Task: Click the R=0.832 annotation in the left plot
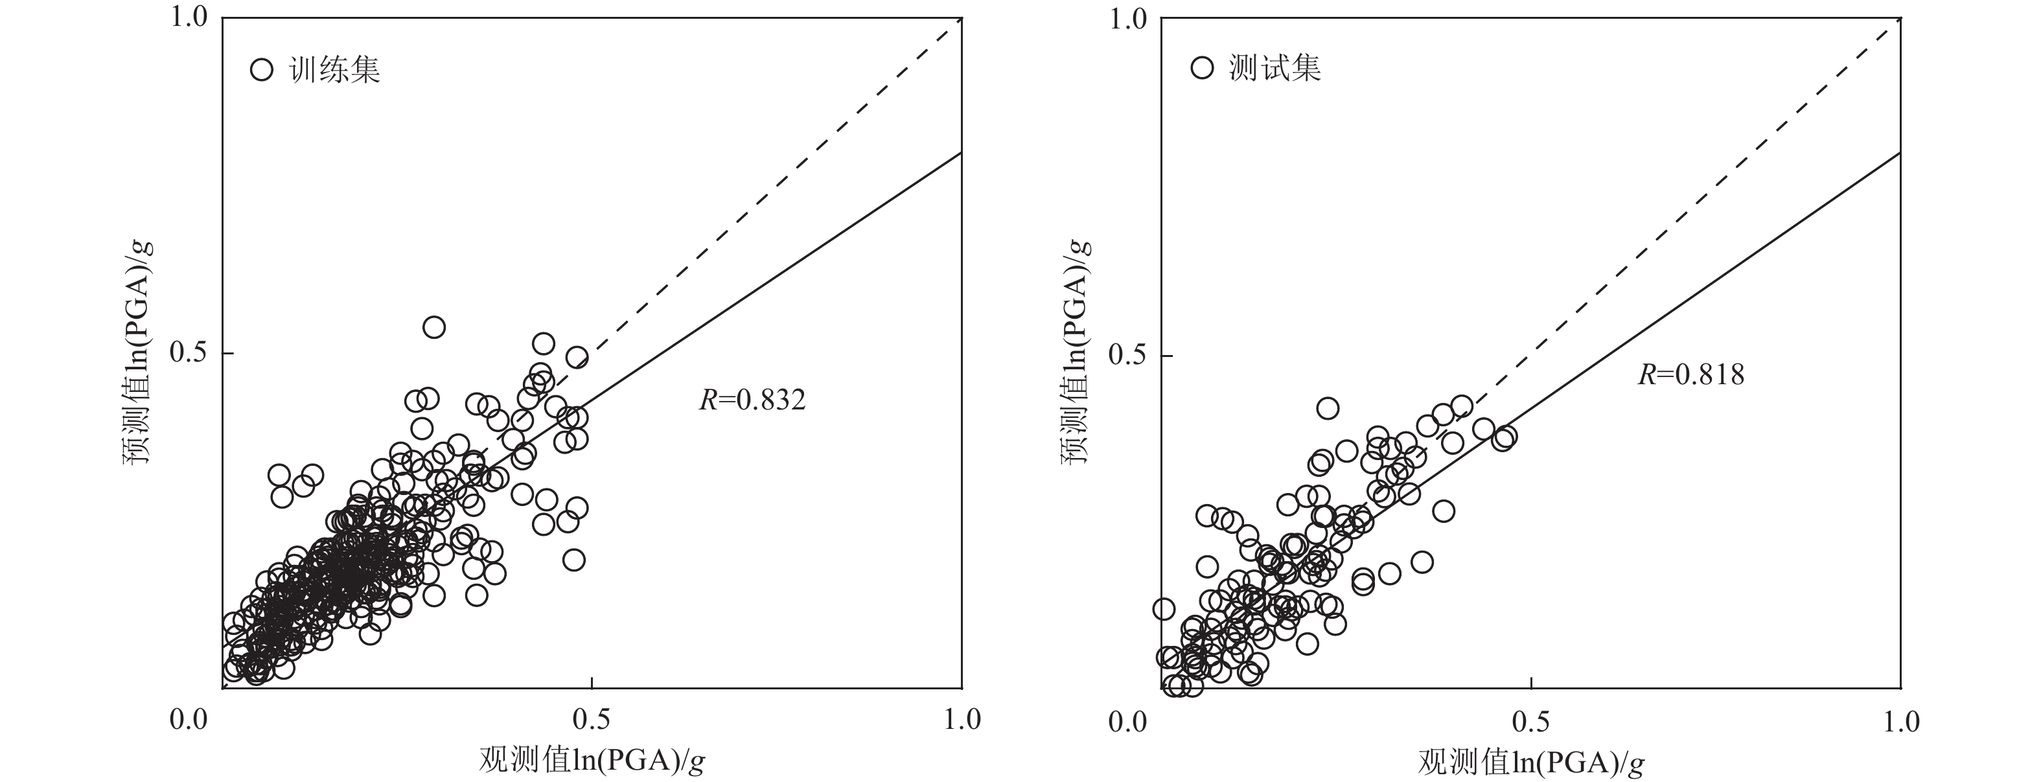coord(752,401)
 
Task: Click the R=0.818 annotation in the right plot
coord(1691,374)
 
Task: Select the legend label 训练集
coord(335,71)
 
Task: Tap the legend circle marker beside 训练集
coord(262,70)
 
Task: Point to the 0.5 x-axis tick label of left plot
coord(591,719)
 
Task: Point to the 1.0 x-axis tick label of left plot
coord(961,719)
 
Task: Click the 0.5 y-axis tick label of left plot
coord(189,353)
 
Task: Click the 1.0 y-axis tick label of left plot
coord(189,17)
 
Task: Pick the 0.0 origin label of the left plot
coord(189,719)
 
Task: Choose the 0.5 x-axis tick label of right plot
coord(1530,721)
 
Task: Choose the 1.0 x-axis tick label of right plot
coord(1900,721)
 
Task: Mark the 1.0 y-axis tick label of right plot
coord(1128,19)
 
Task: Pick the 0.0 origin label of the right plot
coord(1128,721)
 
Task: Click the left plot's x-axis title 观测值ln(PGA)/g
coord(592,761)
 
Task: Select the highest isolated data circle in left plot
coord(433,327)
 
